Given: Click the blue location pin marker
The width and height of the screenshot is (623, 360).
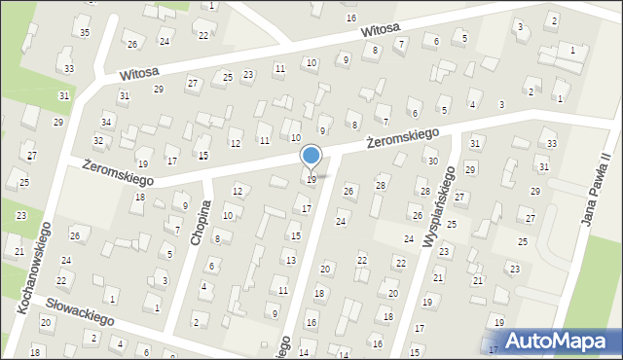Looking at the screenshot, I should point(311,157).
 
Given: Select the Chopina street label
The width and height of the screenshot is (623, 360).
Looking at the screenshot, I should point(202,223).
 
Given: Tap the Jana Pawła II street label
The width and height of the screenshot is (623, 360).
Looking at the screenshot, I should point(595,190).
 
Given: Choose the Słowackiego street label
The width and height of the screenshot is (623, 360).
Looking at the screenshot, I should point(81,311).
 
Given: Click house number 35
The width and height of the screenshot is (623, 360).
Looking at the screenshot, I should point(85,33).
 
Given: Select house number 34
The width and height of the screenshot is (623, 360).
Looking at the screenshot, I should point(106,122).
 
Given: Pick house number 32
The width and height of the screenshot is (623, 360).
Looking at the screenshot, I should point(98,141).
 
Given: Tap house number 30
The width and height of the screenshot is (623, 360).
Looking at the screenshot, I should point(433,161).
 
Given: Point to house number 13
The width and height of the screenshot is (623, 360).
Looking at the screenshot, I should point(290,260).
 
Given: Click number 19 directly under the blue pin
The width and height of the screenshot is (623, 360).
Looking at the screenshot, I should point(311,179).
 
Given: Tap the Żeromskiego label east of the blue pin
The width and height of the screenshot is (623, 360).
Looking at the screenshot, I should point(403,138).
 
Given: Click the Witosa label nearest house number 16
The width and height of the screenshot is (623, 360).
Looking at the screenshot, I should point(381,29).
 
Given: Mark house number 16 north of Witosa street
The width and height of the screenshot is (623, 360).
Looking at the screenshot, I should point(351,18).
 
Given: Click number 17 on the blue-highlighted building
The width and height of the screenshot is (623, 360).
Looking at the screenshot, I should point(494,348).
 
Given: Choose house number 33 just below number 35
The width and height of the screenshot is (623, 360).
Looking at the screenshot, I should point(68,68).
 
